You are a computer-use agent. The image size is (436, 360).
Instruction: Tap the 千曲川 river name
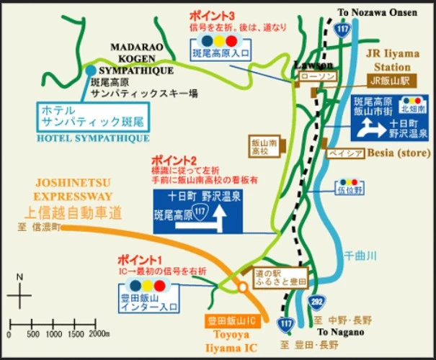pyautogui.click(x=360, y=255)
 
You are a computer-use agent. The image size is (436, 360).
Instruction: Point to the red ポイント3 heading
pyautogui.click(x=211, y=14)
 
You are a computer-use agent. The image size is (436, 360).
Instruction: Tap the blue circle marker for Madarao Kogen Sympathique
pyautogui.click(x=90, y=71)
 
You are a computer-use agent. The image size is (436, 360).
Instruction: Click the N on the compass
pyautogui.click(x=19, y=277)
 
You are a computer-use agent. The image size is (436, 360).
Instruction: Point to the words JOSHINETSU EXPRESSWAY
pyautogui.click(x=71, y=189)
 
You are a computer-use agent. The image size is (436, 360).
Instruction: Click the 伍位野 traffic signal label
pyautogui.click(x=347, y=192)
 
